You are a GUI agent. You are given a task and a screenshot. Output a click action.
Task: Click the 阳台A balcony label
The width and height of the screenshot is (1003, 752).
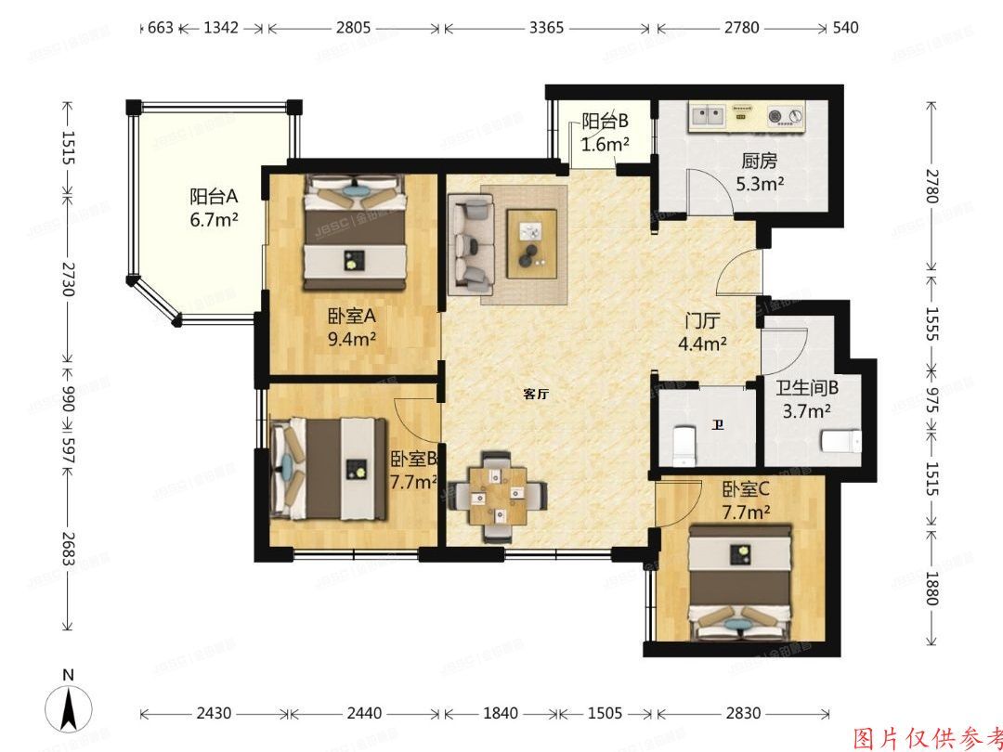click(215, 197)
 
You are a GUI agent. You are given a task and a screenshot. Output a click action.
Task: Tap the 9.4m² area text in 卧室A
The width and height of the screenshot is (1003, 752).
click(351, 338)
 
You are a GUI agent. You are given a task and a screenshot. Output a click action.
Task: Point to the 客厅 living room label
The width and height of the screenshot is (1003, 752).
click(537, 395)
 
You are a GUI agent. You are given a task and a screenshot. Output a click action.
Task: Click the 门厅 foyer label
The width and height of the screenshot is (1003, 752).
click(703, 321)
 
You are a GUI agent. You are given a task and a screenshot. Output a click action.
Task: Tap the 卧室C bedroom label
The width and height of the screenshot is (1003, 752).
click(746, 488)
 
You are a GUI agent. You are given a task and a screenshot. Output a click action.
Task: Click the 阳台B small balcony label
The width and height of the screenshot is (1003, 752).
click(606, 121)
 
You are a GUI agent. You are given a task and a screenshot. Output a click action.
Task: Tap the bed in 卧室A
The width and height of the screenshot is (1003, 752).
click(355, 233)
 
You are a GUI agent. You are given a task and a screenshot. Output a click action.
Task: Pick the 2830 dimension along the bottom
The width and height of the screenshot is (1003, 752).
click(743, 714)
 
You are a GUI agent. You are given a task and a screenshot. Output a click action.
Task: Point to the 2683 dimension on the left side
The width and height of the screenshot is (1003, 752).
click(67, 555)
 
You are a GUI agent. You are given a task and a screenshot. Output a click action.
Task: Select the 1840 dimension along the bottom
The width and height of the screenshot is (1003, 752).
click(500, 714)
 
